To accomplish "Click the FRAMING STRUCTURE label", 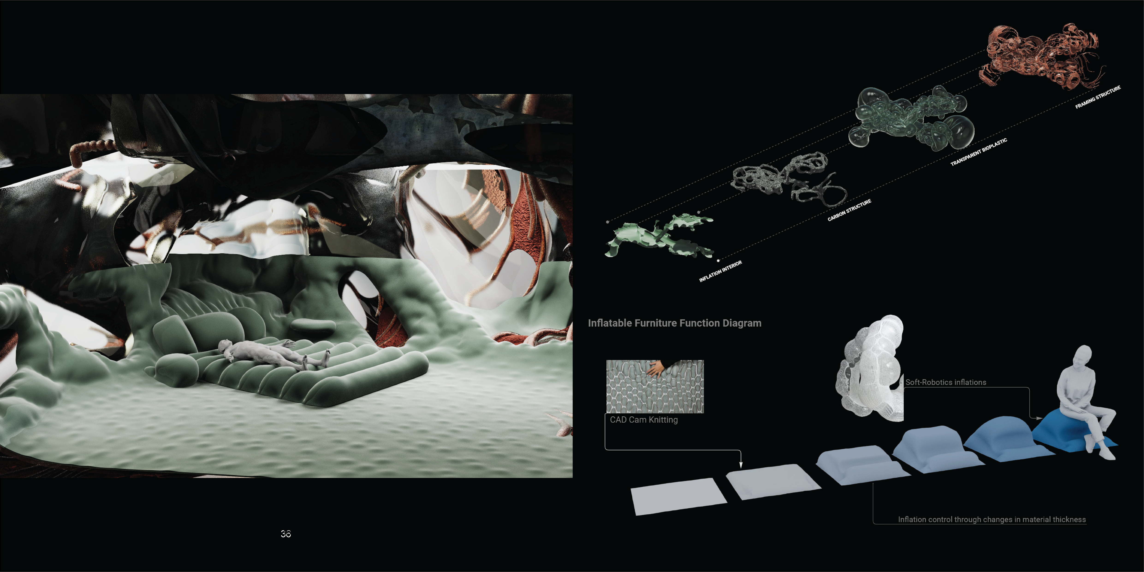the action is [1098, 97].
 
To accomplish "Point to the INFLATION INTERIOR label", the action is [720, 271].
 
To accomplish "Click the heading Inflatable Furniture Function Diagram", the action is [675, 323].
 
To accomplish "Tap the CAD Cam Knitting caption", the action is [644, 420].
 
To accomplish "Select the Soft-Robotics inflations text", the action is [946, 382].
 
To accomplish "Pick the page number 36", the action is [285, 534].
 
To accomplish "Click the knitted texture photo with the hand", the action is [655, 386].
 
